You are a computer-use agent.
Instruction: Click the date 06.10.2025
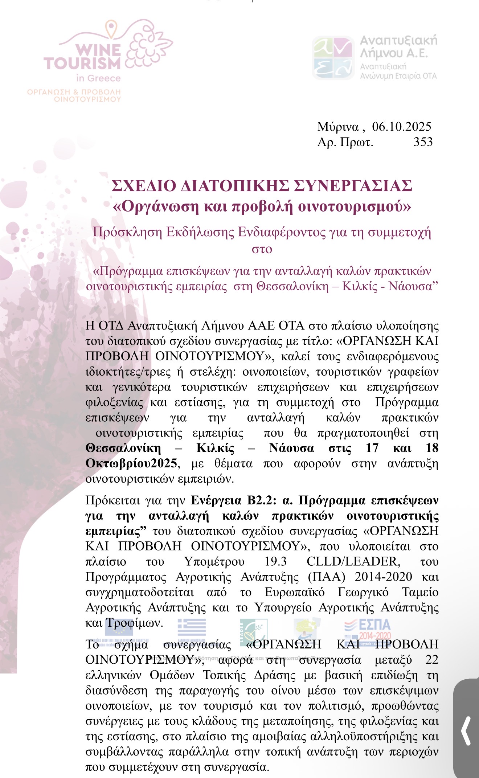coord(402,127)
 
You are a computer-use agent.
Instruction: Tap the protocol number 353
coord(423,142)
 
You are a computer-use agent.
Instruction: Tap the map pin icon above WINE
coord(111,28)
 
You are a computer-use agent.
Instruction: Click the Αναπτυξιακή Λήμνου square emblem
coord(333,58)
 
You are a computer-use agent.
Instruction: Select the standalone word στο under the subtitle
coord(262,249)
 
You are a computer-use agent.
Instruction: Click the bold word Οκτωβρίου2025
coord(131,463)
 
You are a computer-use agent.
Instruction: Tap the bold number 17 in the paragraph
coord(372,448)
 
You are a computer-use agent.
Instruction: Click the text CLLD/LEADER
coord(353,561)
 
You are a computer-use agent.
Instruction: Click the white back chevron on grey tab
coord(466,730)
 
